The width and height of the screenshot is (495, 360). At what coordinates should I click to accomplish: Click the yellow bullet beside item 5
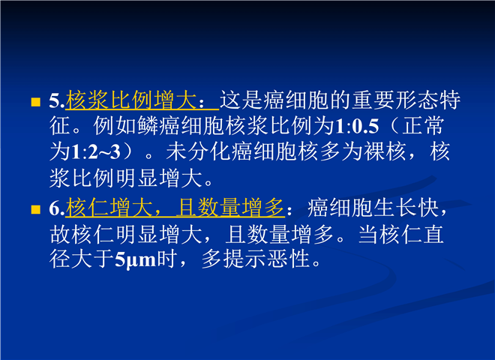click(36, 102)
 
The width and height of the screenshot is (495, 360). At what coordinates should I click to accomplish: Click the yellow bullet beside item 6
click(36, 209)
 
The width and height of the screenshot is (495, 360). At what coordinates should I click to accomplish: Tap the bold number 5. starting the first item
click(57, 100)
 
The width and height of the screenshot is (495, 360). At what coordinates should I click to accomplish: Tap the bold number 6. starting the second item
click(57, 208)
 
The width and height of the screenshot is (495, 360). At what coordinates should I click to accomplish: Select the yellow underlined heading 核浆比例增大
click(131, 100)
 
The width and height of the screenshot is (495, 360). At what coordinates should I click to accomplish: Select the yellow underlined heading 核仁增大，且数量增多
click(175, 208)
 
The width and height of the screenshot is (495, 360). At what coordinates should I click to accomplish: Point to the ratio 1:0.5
click(356, 126)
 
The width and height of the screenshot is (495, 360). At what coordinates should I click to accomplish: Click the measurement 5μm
click(136, 260)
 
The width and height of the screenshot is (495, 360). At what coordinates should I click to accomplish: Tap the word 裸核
click(385, 152)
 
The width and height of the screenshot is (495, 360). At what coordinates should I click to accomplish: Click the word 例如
click(115, 126)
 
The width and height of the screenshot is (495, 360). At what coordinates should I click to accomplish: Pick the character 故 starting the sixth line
click(60, 235)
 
